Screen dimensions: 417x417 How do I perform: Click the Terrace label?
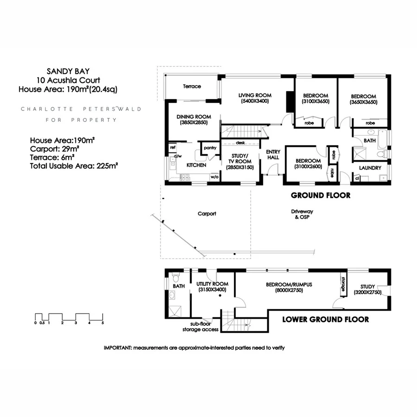(192, 86)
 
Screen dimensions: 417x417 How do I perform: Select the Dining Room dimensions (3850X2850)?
(194, 123)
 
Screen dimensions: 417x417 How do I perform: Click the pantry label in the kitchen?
(210, 148)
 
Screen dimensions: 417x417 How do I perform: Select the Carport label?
(207, 214)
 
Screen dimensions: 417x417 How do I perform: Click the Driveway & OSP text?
(300, 214)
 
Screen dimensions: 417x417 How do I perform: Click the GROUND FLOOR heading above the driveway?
(320, 196)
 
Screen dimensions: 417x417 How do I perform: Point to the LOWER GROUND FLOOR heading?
(325, 319)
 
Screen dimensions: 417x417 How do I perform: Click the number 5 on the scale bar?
(103, 322)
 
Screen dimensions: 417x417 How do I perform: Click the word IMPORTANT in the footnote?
(118, 347)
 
